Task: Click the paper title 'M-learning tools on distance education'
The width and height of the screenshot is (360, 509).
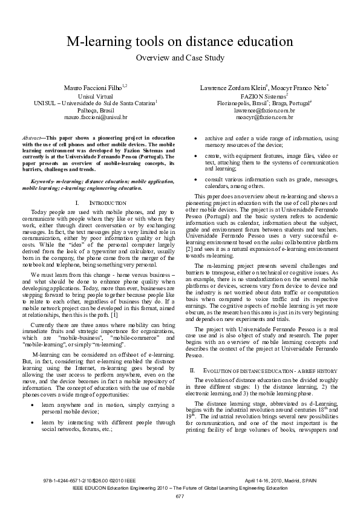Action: (x=180, y=42)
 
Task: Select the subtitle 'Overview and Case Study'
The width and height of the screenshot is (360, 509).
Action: (x=180, y=58)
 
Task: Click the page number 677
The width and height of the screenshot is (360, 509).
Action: (x=180, y=496)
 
